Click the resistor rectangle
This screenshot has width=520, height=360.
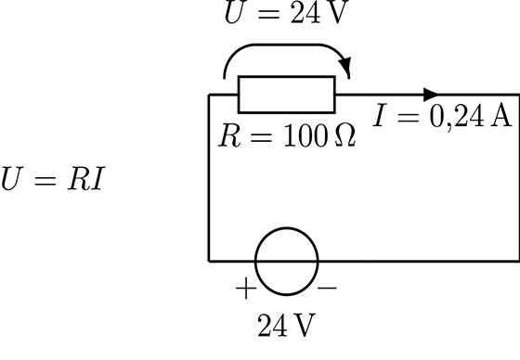(x=287, y=77)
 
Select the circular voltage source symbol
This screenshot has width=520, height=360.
(x=287, y=228)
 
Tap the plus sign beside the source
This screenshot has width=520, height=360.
(x=246, y=289)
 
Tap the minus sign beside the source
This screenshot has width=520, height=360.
(x=327, y=288)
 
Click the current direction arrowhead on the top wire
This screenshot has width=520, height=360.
(x=431, y=95)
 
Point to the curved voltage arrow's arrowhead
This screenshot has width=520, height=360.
(x=345, y=66)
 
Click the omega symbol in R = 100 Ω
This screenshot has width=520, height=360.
(x=345, y=135)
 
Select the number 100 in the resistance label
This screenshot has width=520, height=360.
(x=305, y=135)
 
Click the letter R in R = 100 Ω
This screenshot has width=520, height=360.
(x=229, y=135)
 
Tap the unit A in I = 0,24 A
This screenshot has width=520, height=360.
(x=500, y=115)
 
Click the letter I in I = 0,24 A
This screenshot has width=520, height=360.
(x=380, y=115)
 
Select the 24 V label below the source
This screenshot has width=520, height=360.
(x=286, y=325)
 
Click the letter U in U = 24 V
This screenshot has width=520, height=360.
(x=236, y=12)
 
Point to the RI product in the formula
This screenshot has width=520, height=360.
(x=86, y=179)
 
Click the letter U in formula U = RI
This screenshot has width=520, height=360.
(x=12, y=179)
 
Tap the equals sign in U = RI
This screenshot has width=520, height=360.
(x=45, y=181)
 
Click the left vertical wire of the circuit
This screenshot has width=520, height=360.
(x=209, y=178)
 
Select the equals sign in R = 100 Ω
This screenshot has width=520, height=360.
(x=262, y=137)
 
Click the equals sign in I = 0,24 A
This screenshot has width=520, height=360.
(x=408, y=117)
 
